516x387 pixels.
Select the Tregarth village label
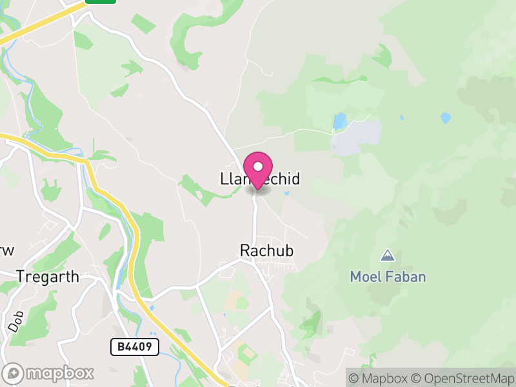(x=48, y=277)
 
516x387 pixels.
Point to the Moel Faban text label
(x=388, y=277)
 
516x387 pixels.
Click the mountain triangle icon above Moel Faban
(x=388, y=255)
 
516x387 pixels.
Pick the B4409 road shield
(x=135, y=347)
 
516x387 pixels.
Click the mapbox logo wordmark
(x=60, y=373)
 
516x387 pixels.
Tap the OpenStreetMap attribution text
(x=463, y=378)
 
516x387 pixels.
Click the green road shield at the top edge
(x=101, y=2)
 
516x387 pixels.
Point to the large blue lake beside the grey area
(x=339, y=121)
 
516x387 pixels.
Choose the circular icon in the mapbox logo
(x=14, y=373)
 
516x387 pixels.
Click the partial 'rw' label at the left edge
(x=6, y=250)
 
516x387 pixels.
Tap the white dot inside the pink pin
(x=258, y=166)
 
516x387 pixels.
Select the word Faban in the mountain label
(x=406, y=277)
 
